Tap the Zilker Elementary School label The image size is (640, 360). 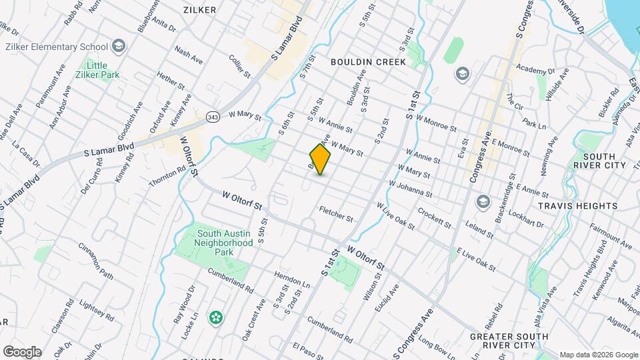pos(57,47)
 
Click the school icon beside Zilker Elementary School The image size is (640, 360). pos(119,46)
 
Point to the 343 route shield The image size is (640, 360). pos(213,117)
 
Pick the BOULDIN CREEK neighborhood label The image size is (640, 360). pos(368,62)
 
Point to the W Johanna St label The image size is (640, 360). pos(411,188)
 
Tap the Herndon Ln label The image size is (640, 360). pos(292,279)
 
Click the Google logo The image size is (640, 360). pos(22,352)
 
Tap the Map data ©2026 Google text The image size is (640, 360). pos(598,355)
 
